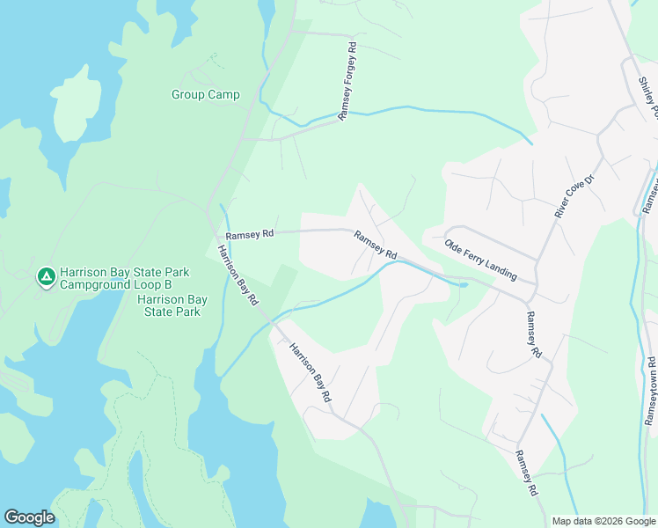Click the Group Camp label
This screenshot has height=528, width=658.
[x=205, y=95]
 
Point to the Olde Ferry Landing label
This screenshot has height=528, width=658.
[x=479, y=260]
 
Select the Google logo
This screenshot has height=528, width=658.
[x=29, y=517]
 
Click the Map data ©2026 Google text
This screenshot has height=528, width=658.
[x=603, y=521]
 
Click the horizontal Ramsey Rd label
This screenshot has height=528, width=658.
[x=250, y=235]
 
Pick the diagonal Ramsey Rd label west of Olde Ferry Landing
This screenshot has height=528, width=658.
[x=375, y=245]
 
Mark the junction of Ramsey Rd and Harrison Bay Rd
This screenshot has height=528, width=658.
[x=218, y=233]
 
